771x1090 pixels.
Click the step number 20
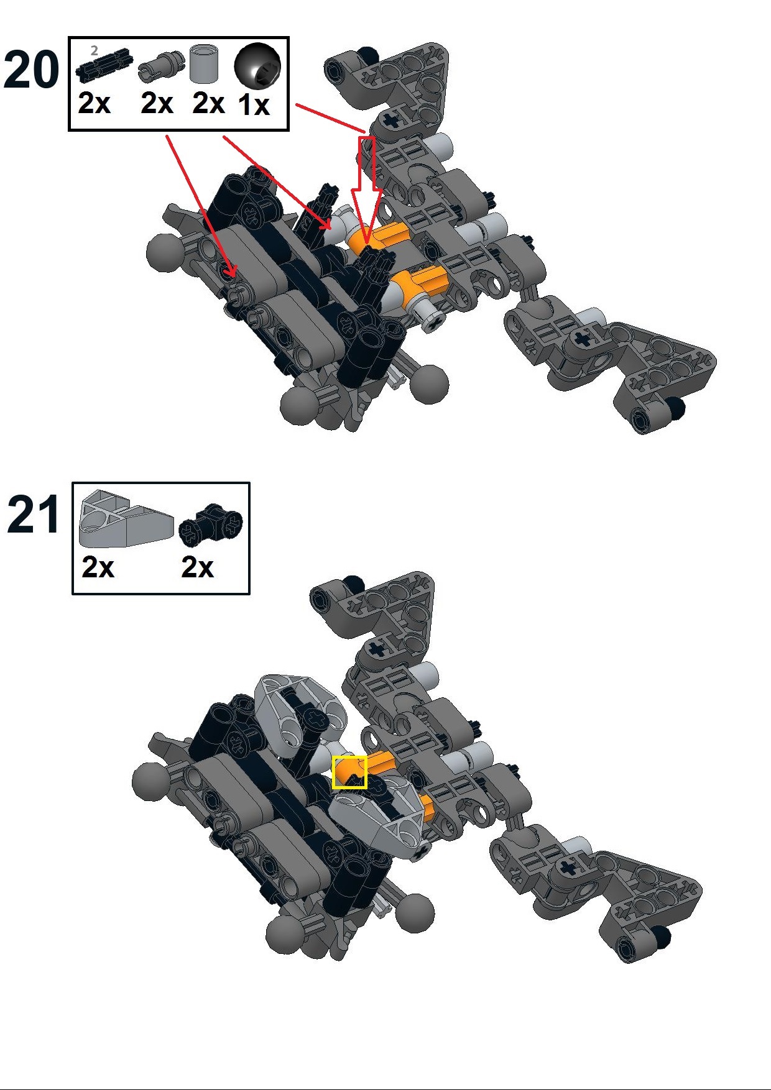31,70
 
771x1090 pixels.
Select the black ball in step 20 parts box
257,66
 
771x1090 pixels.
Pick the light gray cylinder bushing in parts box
205,63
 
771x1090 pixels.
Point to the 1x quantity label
254,104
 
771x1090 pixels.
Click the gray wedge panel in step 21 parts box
125,519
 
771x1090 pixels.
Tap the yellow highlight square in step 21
349,772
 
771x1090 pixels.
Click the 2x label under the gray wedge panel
98,567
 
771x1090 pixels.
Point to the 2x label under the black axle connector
198,567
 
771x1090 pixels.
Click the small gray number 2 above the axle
95,51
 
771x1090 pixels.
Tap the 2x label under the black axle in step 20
95,103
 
